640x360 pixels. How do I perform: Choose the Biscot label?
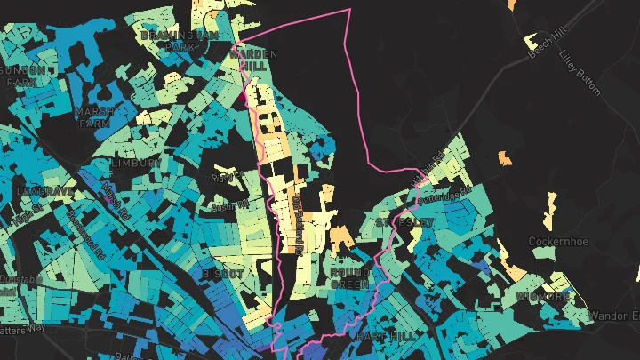point(221,274)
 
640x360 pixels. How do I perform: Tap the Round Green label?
point(349,278)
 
